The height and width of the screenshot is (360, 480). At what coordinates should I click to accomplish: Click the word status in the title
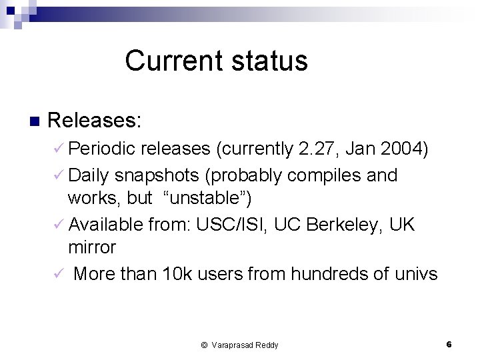(x=269, y=61)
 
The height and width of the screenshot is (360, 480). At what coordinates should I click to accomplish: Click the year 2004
(x=400, y=149)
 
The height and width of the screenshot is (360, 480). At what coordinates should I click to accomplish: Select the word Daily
(x=89, y=175)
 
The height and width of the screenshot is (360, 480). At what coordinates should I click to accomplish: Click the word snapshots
(x=157, y=175)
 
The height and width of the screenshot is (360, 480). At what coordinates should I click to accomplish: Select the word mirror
(x=92, y=247)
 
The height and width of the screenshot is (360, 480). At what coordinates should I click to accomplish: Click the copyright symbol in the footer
(x=204, y=345)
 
